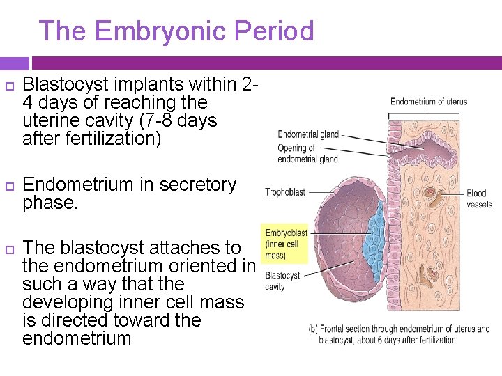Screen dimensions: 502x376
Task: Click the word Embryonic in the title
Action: pos(161,31)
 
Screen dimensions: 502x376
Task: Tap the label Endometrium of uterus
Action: pos(428,102)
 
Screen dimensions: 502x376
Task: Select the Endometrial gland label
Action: pos(308,134)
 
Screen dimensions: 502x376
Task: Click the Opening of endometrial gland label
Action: pos(307,153)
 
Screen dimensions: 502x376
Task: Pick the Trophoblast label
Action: pos(285,192)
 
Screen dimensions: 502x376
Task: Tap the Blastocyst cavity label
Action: pos(282,281)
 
